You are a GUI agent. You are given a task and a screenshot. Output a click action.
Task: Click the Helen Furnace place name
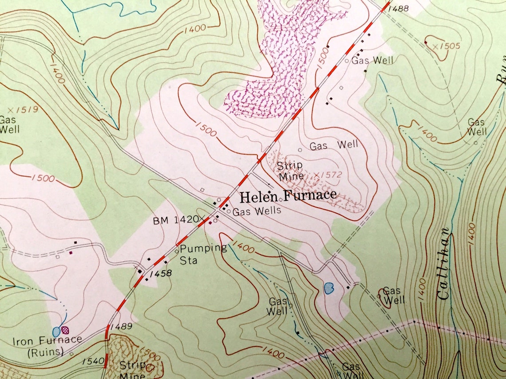coord(288,195)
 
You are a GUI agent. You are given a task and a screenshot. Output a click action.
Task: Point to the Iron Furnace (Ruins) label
coord(47,346)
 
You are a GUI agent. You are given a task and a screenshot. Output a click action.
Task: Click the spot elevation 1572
coord(328,175)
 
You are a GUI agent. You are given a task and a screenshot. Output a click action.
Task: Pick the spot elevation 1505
coord(447,46)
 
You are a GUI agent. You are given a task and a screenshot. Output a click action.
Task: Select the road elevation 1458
coord(161,274)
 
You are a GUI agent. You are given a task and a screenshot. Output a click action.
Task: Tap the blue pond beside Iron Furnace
coord(56,331)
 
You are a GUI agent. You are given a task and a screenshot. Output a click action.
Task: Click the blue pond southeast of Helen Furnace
coord(328,289)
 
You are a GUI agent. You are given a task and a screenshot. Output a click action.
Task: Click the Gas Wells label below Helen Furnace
coord(257,211)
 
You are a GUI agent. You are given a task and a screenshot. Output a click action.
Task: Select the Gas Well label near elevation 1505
coord(372,60)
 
